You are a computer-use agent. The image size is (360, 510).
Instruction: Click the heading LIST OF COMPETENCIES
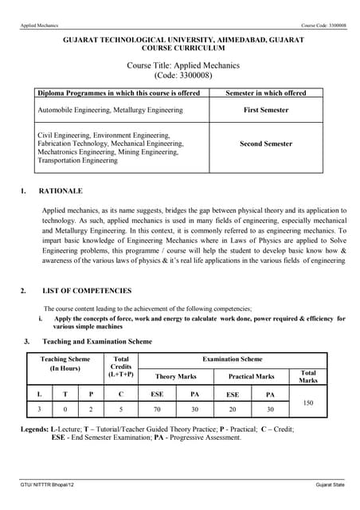pyautogui.click(x=87, y=291)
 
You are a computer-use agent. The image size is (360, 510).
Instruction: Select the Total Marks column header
pyautogui.click(x=308, y=376)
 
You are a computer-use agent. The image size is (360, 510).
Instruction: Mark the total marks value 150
pyautogui.click(x=308, y=403)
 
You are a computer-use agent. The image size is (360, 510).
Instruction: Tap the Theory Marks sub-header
pyautogui.click(x=176, y=376)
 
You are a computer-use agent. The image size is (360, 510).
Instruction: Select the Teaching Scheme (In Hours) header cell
pyautogui.click(x=65, y=364)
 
